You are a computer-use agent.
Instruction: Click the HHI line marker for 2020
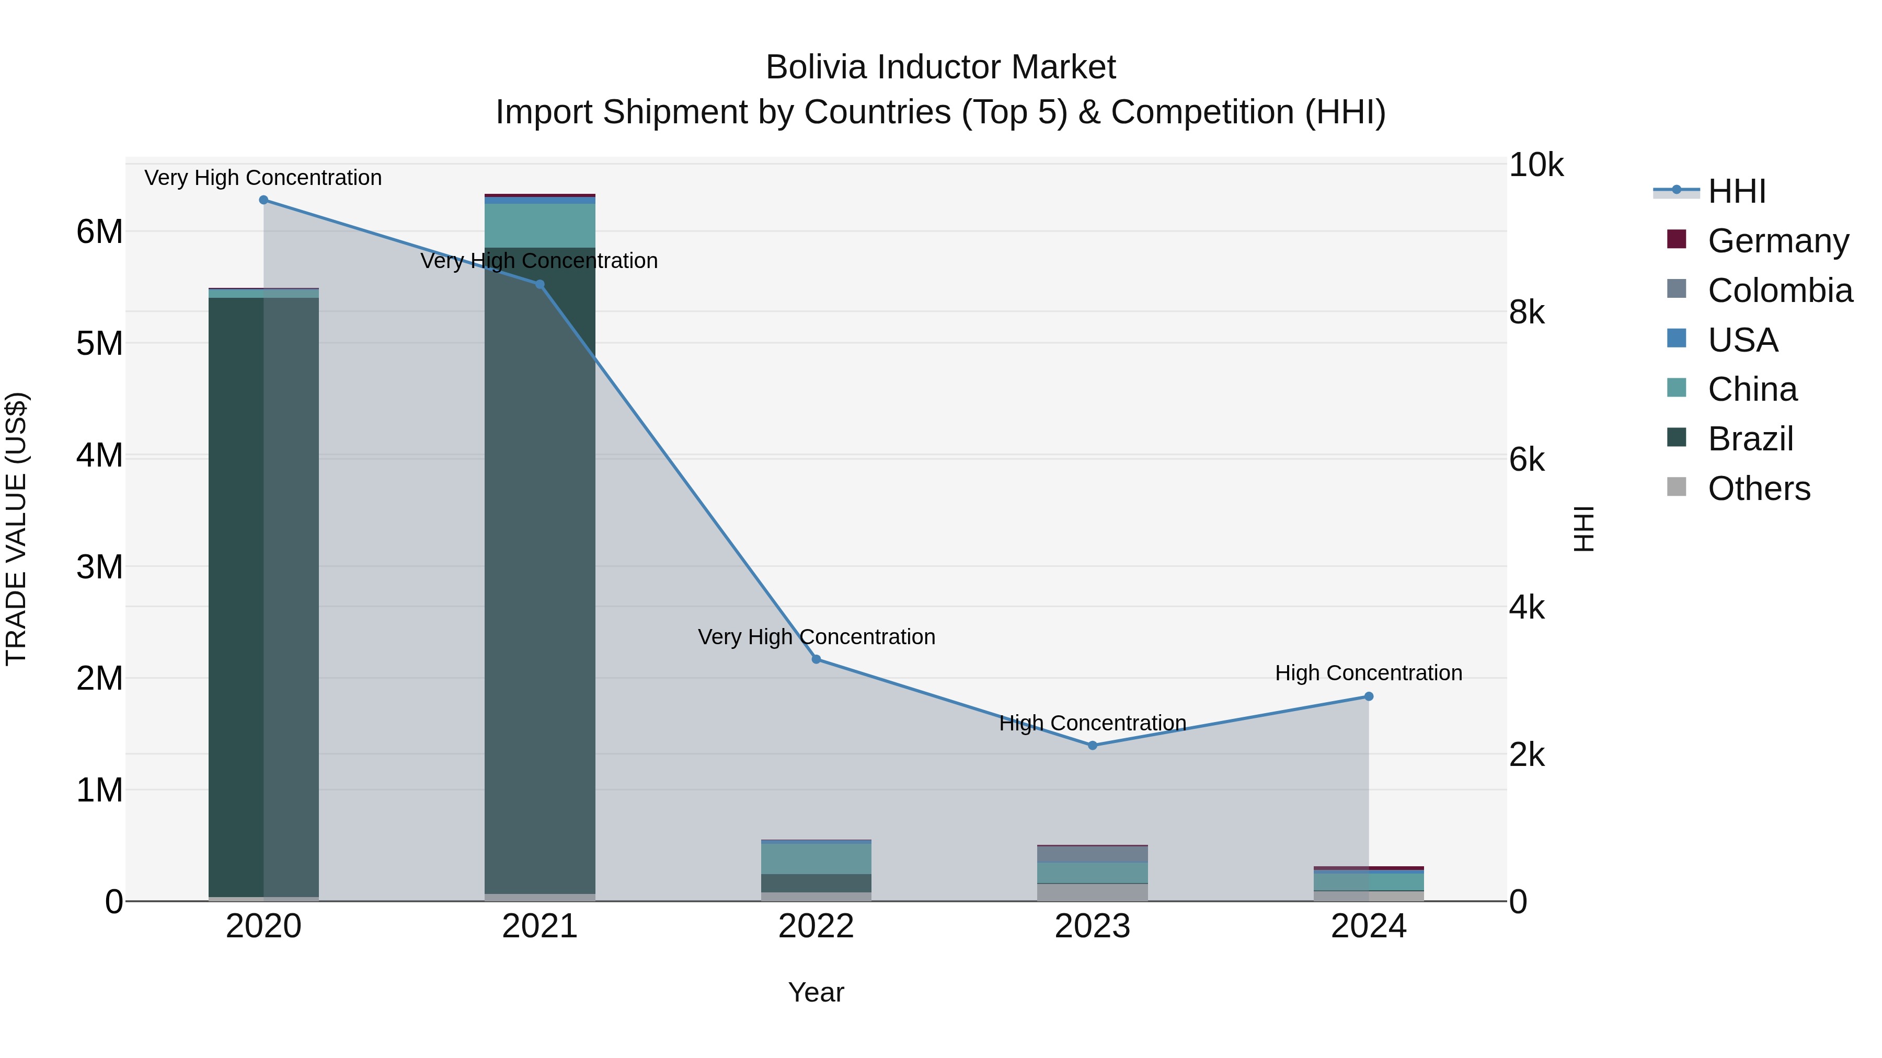coord(264,200)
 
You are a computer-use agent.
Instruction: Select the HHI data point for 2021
coord(540,285)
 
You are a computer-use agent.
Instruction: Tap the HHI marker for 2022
coord(817,659)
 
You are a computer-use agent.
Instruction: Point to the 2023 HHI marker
coord(1092,746)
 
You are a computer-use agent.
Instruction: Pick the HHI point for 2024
coord(1369,696)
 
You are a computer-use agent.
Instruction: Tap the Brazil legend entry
coord(1750,439)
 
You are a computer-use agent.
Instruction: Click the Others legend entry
coord(1759,489)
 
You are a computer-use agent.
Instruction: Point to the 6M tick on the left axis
coord(99,232)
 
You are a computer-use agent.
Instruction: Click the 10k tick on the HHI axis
coord(1536,166)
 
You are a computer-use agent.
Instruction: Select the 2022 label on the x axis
coord(816,926)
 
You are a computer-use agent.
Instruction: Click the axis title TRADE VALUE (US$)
coord(17,529)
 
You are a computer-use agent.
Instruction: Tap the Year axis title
coord(816,992)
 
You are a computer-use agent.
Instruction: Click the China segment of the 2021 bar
coord(540,226)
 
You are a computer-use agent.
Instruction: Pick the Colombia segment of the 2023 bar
coord(1092,854)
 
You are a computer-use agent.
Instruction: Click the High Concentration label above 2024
coord(1369,673)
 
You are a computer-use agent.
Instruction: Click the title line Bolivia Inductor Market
coord(940,68)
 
